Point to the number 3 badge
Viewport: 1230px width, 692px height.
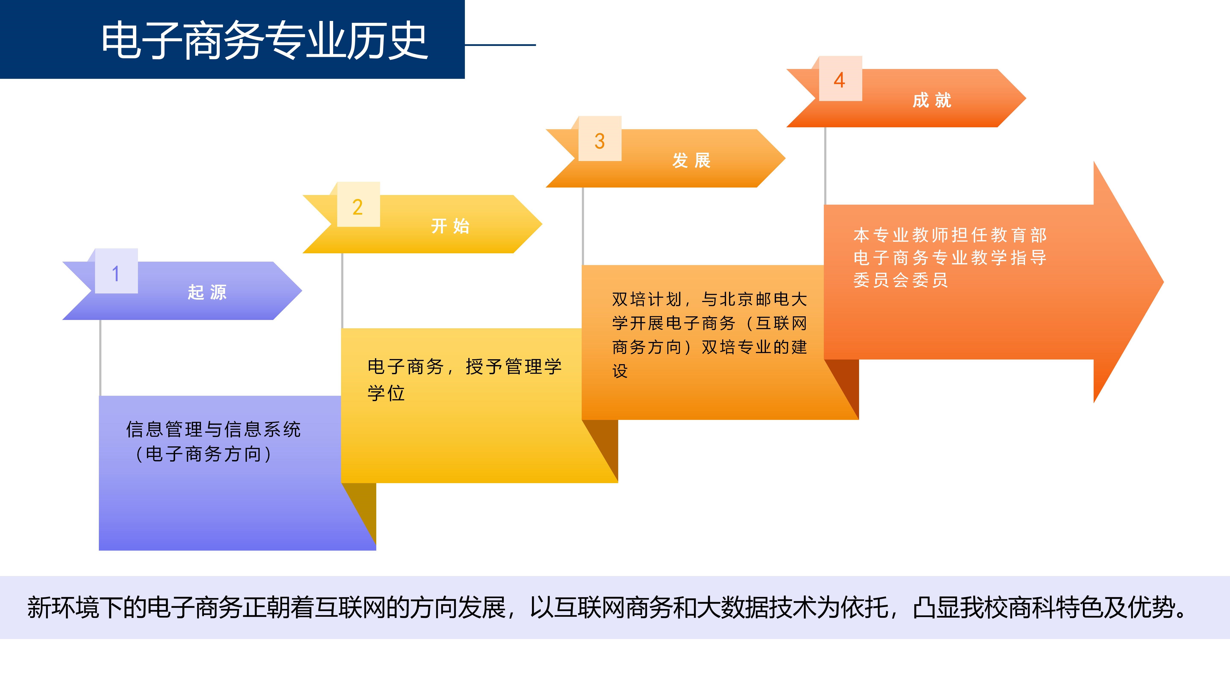[600, 138]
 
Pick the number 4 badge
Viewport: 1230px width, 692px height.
[840, 78]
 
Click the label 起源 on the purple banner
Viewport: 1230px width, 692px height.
[207, 292]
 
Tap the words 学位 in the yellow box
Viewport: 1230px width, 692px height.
[386, 393]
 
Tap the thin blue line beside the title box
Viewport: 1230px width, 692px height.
[500, 45]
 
